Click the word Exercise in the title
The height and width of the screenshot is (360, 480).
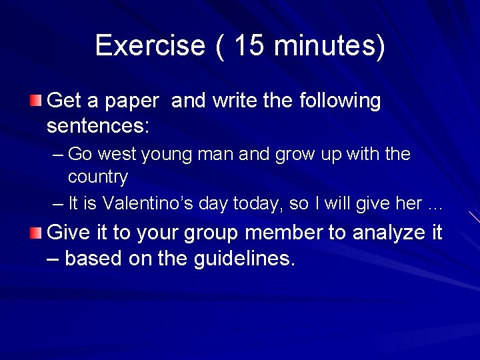pyautogui.click(x=150, y=45)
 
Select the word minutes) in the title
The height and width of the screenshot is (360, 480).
pyautogui.click(x=329, y=45)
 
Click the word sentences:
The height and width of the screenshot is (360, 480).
pyautogui.click(x=99, y=125)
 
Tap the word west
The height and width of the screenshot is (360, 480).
pyautogui.click(x=119, y=155)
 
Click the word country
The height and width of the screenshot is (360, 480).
pyautogui.click(x=98, y=177)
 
